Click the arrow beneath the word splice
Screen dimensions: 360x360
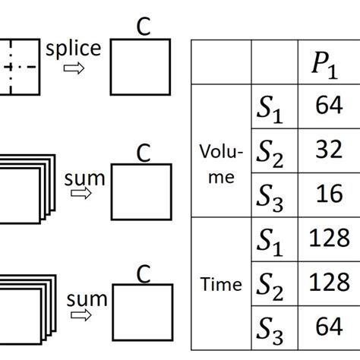tap(74, 69)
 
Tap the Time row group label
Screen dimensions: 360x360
tap(221, 286)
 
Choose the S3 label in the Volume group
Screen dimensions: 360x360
tap(272, 197)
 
